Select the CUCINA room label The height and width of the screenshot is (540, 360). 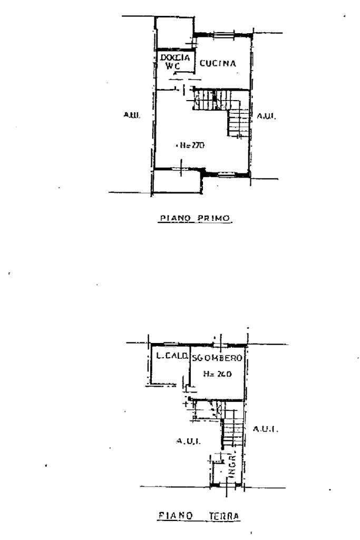tap(217, 64)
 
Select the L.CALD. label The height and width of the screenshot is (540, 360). tap(169, 357)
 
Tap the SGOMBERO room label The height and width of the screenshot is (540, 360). tap(216, 358)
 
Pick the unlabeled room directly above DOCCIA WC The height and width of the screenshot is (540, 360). tap(174, 33)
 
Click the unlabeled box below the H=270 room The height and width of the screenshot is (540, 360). tap(176, 182)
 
